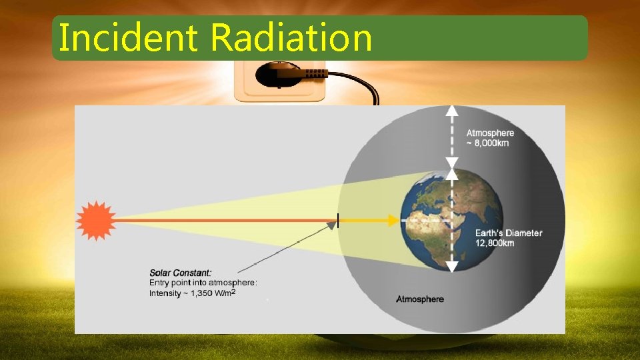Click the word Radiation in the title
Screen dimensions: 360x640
click(291, 37)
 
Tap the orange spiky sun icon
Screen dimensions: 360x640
click(95, 220)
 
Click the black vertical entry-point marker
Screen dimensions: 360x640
click(338, 220)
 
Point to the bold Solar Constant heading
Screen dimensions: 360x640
click(181, 273)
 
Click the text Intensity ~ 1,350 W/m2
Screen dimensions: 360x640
click(192, 293)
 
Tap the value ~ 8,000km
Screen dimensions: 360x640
click(487, 144)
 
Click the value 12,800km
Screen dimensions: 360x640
click(494, 243)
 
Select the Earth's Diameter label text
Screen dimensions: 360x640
click(508, 233)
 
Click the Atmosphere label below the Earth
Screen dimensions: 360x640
click(420, 299)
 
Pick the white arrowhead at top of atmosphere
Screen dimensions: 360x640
click(452, 112)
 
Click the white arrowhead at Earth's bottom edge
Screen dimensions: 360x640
click(452, 266)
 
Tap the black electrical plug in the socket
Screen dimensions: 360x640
click(293, 75)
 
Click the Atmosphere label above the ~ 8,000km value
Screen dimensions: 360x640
click(490, 133)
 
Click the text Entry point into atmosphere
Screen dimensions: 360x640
click(203, 283)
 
